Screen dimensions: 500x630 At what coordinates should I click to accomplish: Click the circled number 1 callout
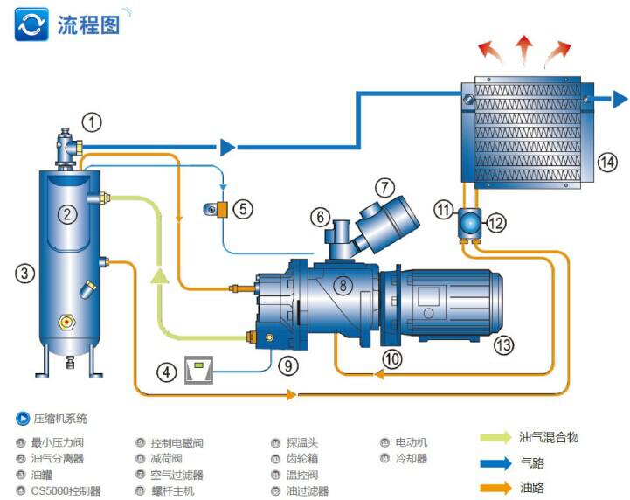tap(92, 121)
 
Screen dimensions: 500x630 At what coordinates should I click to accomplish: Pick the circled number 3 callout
tap(24, 273)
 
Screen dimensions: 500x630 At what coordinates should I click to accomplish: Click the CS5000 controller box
tap(199, 371)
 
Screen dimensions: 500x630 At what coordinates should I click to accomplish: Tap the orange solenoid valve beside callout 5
tap(224, 209)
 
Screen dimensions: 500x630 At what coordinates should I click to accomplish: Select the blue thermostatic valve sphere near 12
tap(470, 223)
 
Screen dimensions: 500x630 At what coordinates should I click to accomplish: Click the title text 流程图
tap(87, 24)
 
